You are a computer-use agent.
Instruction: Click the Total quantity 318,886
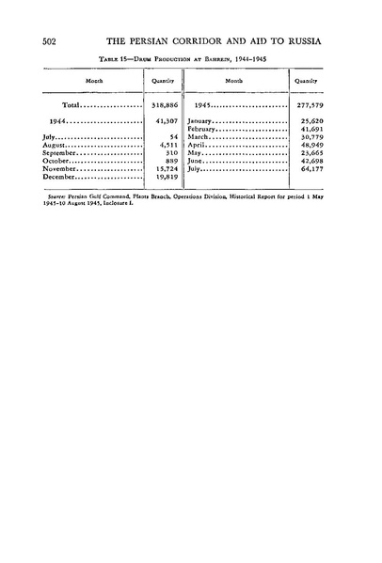click(167, 106)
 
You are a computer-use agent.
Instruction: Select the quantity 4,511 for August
click(170, 145)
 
